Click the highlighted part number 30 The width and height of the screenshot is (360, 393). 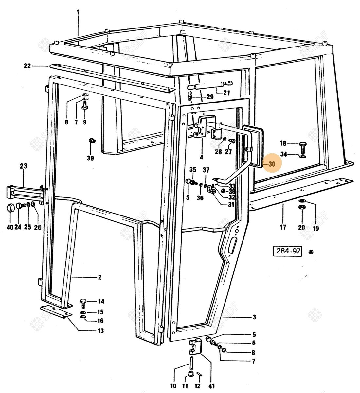pyautogui.click(x=272, y=164)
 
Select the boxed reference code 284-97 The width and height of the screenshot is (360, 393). pyautogui.click(x=287, y=251)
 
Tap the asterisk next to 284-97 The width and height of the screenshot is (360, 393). pyautogui.click(x=311, y=252)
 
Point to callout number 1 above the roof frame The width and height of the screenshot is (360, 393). pyautogui.click(x=78, y=12)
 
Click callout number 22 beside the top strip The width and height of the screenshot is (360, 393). pyautogui.click(x=27, y=66)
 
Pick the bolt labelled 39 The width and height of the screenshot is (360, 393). pyautogui.click(x=91, y=141)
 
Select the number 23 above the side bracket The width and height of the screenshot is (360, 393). pyautogui.click(x=24, y=166)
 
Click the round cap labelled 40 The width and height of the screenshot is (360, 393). pyautogui.click(x=11, y=208)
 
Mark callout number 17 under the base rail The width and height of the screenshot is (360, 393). pyautogui.click(x=283, y=227)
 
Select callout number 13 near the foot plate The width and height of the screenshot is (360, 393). pyautogui.click(x=101, y=331)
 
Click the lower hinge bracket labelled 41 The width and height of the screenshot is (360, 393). pyautogui.click(x=195, y=347)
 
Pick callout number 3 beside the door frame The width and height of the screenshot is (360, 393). pyautogui.click(x=254, y=317)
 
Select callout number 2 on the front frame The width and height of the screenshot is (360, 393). pyautogui.click(x=99, y=277)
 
